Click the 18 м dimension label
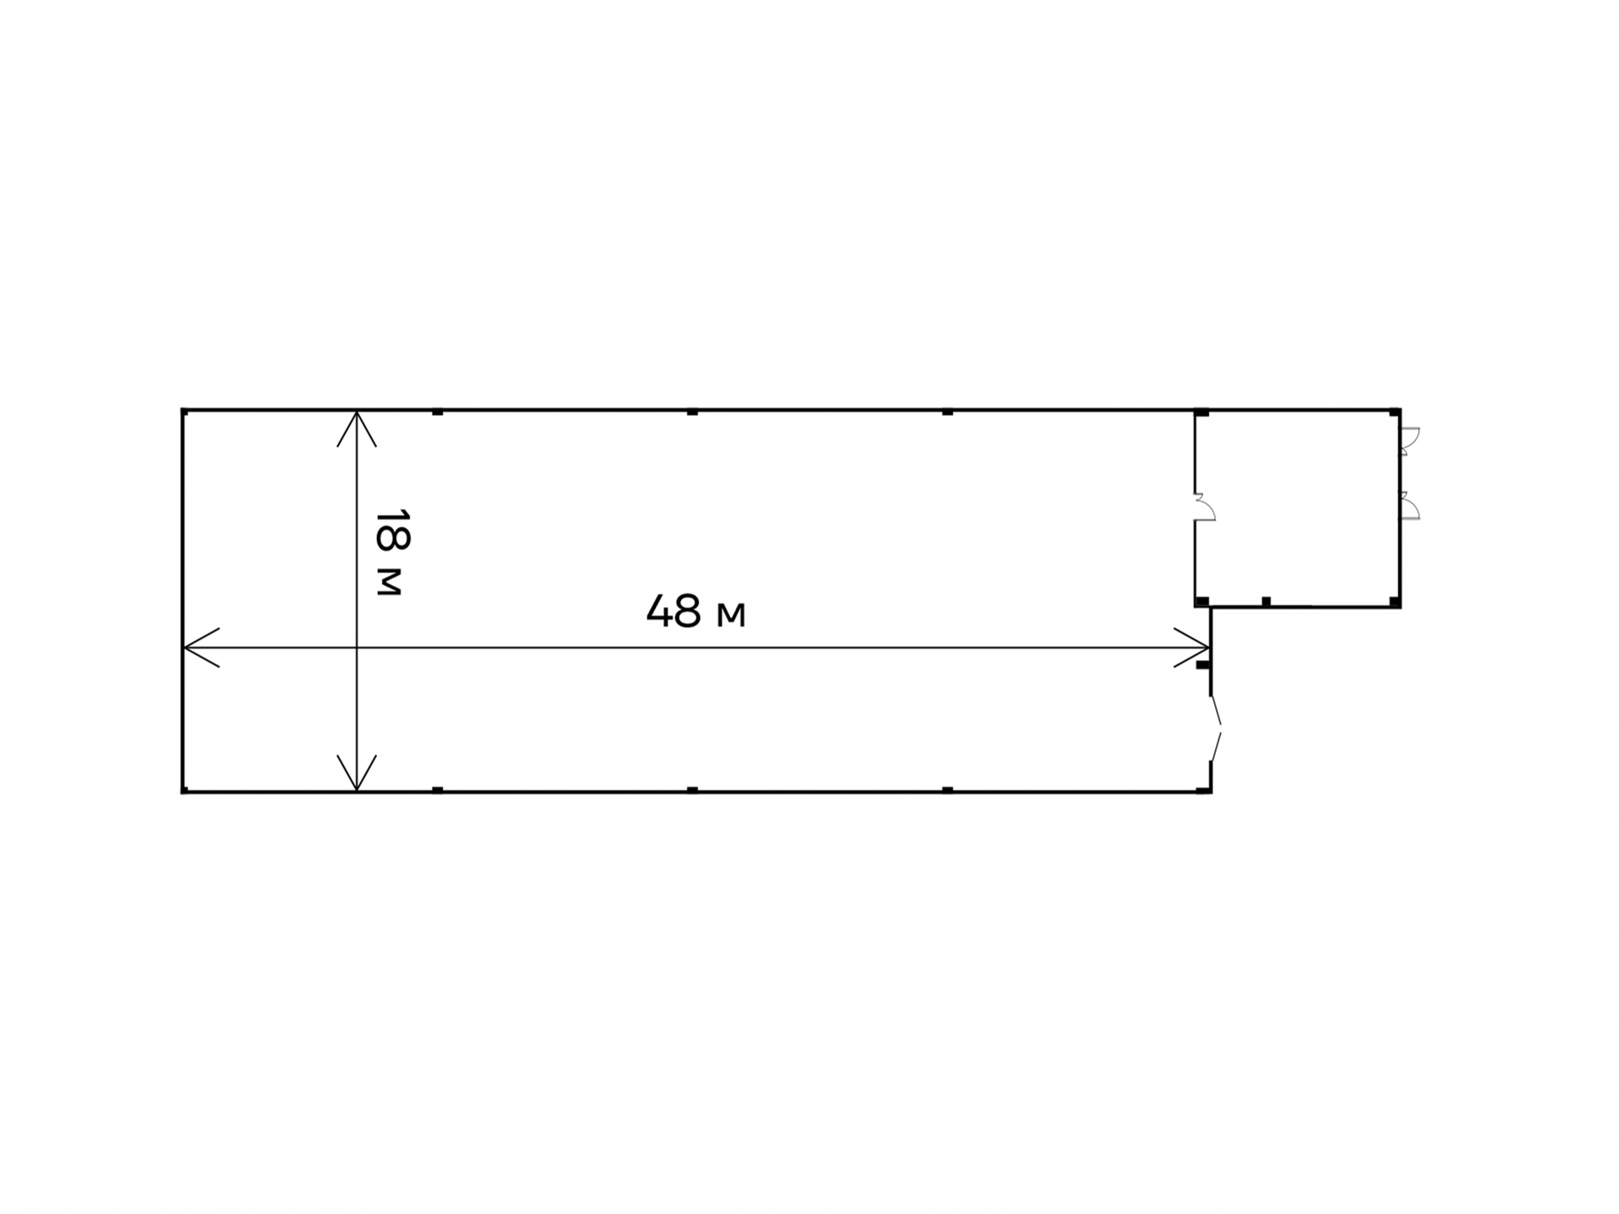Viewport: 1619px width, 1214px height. [392, 552]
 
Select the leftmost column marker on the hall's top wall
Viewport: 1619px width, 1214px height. [438, 412]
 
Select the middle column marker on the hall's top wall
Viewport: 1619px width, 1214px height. [692, 412]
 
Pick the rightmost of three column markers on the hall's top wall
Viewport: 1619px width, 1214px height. [948, 412]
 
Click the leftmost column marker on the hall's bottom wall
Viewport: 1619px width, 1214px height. [438, 790]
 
